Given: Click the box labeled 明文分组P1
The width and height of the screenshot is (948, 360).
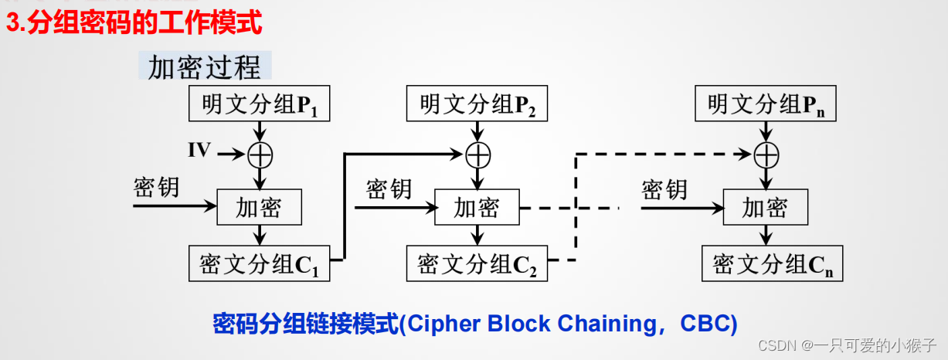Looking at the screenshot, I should (260, 104).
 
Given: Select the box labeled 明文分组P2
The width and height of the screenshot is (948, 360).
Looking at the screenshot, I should (477, 104).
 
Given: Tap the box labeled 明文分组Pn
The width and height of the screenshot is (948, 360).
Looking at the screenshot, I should (766, 104).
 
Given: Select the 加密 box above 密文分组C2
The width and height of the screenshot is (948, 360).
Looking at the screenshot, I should (477, 207).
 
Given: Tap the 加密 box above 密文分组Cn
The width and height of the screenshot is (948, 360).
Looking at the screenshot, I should (765, 207).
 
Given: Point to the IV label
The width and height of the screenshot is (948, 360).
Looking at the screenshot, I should (199, 151).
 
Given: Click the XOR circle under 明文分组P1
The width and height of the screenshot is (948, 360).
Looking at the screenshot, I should (260, 155).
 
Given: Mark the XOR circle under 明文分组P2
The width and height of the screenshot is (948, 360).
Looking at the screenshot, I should (478, 155).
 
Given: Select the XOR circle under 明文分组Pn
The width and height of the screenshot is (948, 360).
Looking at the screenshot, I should (766, 155).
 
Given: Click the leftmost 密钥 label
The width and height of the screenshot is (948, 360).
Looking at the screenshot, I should (157, 188).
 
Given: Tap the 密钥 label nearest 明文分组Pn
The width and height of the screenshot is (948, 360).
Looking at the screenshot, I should (664, 188).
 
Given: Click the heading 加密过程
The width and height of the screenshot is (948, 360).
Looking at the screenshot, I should (205, 67).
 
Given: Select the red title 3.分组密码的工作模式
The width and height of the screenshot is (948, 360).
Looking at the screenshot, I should (134, 23).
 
